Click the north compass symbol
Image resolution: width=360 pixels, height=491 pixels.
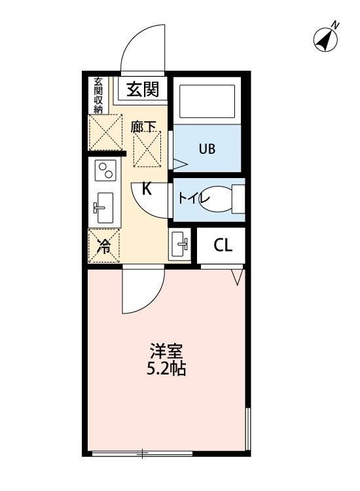click(x=327, y=39)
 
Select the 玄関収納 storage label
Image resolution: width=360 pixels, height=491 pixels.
click(x=98, y=96)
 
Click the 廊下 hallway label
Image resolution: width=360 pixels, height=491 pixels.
click(x=144, y=126)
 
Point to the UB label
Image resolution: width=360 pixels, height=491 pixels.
click(x=207, y=148)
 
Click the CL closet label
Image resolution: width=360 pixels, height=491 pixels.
click(x=223, y=246)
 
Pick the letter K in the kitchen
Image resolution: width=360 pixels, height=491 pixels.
click(x=147, y=190)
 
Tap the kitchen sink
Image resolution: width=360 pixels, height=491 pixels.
click(x=103, y=208)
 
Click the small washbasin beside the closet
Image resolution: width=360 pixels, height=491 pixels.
click(x=179, y=246)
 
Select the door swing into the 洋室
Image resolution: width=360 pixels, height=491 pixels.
click(x=141, y=291)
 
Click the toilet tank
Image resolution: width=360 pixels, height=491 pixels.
click(x=238, y=199)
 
